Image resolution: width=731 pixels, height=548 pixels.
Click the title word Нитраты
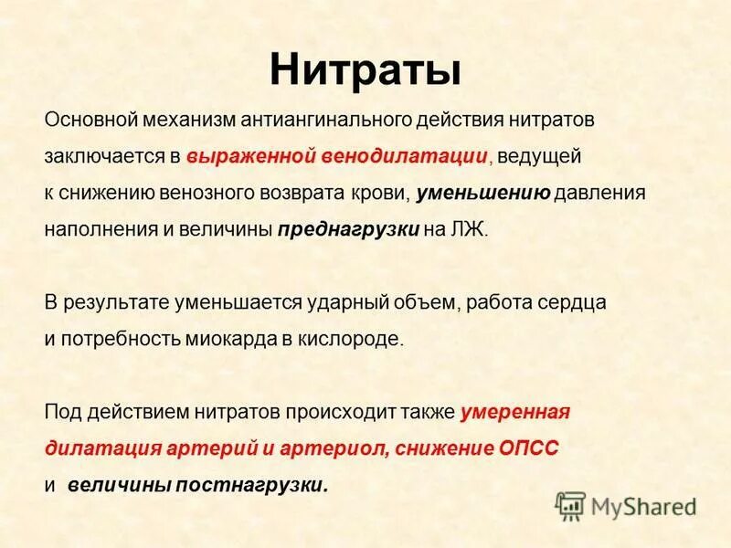pyautogui.click(x=365, y=69)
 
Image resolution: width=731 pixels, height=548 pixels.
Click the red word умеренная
pyautogui.click(x=515, y=411)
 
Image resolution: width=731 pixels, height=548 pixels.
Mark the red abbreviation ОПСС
pyautogui.click(x=529, y=448)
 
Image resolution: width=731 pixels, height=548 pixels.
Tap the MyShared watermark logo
pyautogui.click(x=626, y=504)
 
